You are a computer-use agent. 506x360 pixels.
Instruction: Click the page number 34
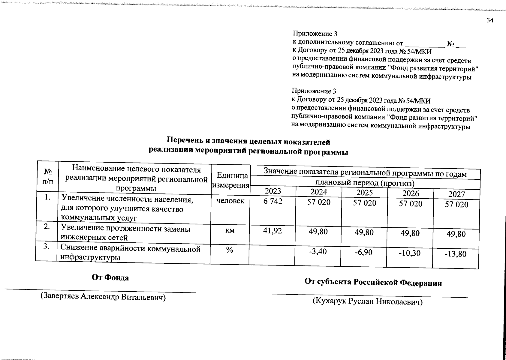490,20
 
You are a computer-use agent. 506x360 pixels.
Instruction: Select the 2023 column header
273,191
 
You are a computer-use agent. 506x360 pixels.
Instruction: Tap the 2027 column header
456,194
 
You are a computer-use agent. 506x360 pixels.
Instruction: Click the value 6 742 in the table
273,202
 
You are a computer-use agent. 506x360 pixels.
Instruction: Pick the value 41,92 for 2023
273,231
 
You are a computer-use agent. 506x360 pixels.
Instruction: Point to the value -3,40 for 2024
318,251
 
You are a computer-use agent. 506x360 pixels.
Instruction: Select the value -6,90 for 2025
363,252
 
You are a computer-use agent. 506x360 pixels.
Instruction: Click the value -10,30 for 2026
409,253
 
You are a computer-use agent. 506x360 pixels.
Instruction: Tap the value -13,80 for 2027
456,254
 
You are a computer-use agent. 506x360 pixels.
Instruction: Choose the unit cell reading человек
230,201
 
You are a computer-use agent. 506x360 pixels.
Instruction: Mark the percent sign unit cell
230,250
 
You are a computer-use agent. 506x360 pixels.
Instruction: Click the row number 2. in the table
47,227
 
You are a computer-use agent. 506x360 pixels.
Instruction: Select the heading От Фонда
110,278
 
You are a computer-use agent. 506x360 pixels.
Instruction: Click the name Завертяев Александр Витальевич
103,297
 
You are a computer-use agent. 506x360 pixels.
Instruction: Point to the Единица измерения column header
230,180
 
